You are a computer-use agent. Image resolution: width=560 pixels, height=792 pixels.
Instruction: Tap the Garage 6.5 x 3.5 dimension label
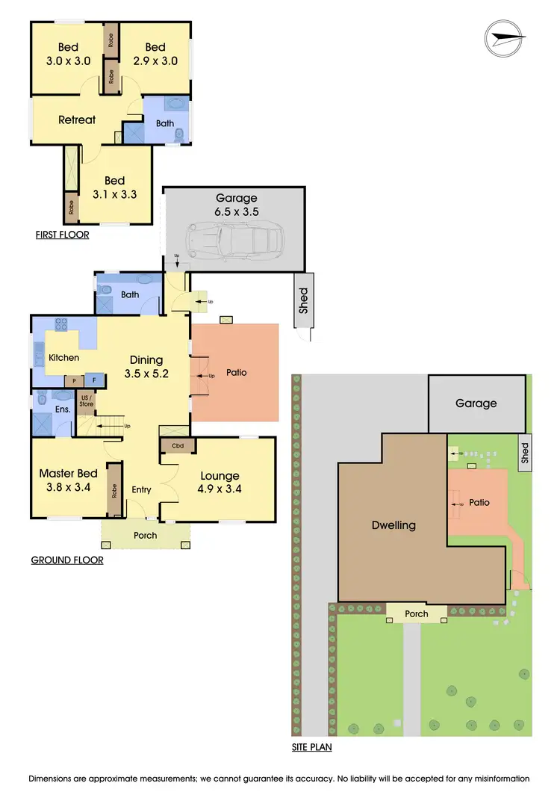click(237, 205)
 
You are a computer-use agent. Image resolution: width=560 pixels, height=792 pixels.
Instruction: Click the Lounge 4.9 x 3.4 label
click(220, 483)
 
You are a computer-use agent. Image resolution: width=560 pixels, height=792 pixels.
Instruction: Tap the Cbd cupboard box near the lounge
click(178, 446)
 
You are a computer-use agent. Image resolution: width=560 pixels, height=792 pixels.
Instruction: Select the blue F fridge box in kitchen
click(94, 380)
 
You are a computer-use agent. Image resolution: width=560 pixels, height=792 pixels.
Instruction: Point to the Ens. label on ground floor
click(63, 409)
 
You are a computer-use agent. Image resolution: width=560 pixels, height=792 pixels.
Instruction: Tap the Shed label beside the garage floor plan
click(303, 301)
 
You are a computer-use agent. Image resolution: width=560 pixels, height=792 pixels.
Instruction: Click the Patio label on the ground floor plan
click(236, 372)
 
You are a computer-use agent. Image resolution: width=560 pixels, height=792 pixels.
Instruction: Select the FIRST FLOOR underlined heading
click(62, 235)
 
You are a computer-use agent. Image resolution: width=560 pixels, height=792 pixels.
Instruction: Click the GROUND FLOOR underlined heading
click(67, 560)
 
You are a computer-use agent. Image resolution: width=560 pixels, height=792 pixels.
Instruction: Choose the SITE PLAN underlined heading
click(311, 746)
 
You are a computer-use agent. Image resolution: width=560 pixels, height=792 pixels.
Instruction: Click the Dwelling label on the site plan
click(393, 525)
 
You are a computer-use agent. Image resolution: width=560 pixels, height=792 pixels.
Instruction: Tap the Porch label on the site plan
click(417, 613)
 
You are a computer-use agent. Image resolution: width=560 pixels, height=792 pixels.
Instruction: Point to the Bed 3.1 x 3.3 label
click(114, 188)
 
